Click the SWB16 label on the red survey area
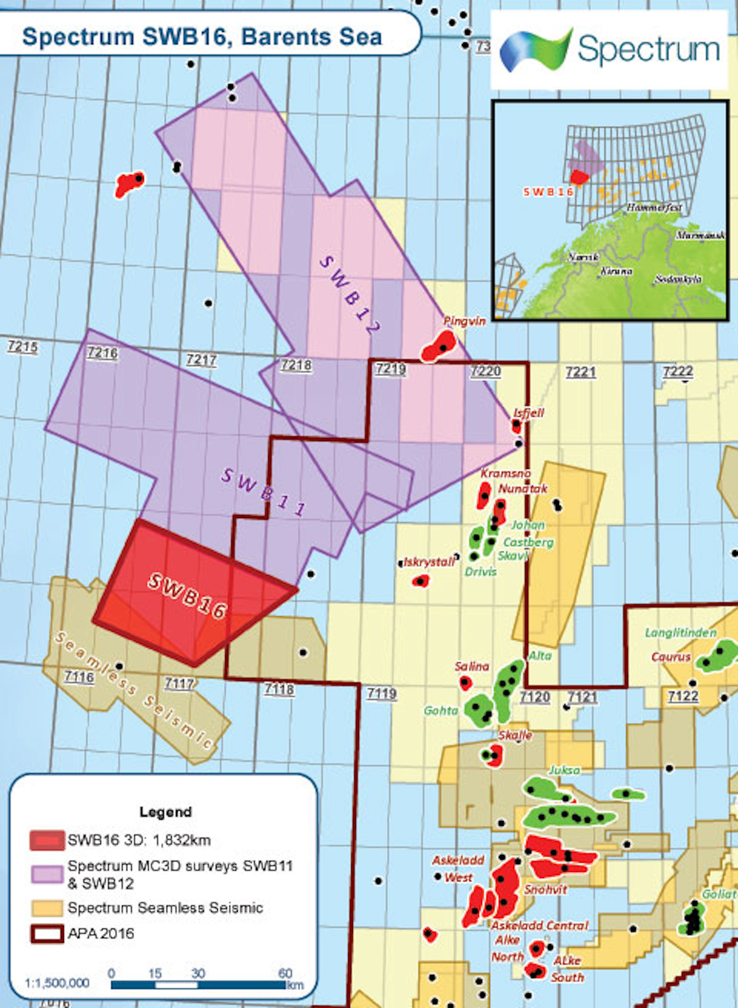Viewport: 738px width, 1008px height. coord(188,596)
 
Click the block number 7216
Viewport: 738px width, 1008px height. coord(102,353)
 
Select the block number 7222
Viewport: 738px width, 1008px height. coord(678,372)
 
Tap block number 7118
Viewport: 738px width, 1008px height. coord(279,689)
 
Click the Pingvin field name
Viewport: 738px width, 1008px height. coord(464,321)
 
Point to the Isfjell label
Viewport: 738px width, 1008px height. coord(529,413)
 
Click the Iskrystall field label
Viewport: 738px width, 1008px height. coord(429,562)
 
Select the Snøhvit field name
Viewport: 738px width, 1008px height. coord(546,890)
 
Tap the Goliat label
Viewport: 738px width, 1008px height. coord(719,894)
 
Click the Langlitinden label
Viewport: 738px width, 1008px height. coord(680,633)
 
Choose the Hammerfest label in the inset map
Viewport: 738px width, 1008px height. coord(654,207)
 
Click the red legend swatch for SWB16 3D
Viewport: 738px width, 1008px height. coord(47,840)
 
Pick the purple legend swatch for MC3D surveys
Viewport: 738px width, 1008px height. coord(47,874)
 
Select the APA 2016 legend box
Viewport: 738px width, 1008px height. coord(47,934)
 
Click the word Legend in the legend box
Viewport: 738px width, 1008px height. coord(165,812)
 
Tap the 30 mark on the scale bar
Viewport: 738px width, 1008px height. coord(198,974)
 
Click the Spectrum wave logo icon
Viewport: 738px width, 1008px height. coord(534,49)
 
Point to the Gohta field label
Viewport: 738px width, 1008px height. coord(441,711)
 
